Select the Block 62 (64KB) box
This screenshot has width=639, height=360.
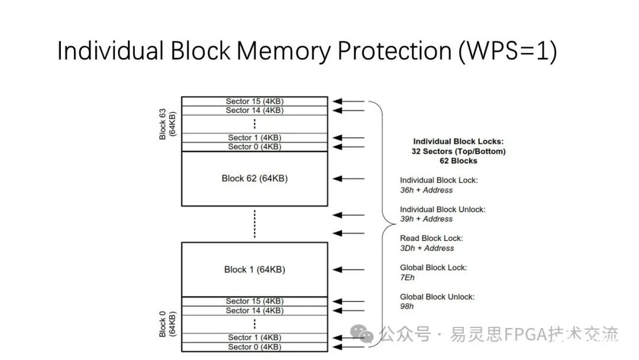pyautogui.click(x=254, y=178)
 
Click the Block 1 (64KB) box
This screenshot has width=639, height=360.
pyautogui.click(x=254, y=269)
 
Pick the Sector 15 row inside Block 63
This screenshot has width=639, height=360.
pyautogui.click(x=254, y=101)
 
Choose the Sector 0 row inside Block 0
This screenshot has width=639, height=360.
pyautogui.click(x=254, y=346)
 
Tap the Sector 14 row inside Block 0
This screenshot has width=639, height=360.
pyautogui.click(x=254, y=310)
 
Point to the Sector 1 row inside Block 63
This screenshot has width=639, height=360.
pyautogui.click(x=254, y=137)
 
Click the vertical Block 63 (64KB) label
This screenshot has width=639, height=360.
pyautogui.click(x=167, y=124)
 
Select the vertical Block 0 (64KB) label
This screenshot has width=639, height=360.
pyautogui.click(x=167, y=324)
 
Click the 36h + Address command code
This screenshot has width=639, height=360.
pyautogui.click(x=426, y=190)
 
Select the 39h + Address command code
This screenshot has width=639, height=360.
pyautogui.click(x=426, y=219)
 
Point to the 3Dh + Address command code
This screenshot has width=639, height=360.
pyautogui.click(x=427, y=248)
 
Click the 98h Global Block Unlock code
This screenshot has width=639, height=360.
pyautogui.click(x=407, y=306)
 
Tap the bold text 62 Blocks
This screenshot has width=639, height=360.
pyautogui.click(x=459, y=161)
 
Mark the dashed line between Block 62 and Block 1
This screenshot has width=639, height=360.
pyautogui.click(x=254, y=224)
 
